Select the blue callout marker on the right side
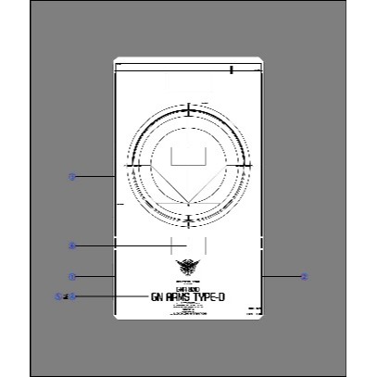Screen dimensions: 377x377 (304, 276)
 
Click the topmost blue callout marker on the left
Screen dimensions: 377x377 (71, 175)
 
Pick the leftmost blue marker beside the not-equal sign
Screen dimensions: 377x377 (58, 296)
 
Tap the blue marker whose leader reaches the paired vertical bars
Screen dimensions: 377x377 (71, 245)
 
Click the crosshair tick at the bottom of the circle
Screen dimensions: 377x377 (188, 220)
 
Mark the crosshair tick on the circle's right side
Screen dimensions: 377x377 (245, 165)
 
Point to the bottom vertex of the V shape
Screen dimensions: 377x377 (188, 204)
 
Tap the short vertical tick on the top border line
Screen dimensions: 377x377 (232, 69)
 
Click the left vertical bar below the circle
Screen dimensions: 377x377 (171, 245)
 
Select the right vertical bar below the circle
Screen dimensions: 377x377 (204, 245)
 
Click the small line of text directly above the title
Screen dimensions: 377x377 (188, 288)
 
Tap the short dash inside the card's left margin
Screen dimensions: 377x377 (118, 200)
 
